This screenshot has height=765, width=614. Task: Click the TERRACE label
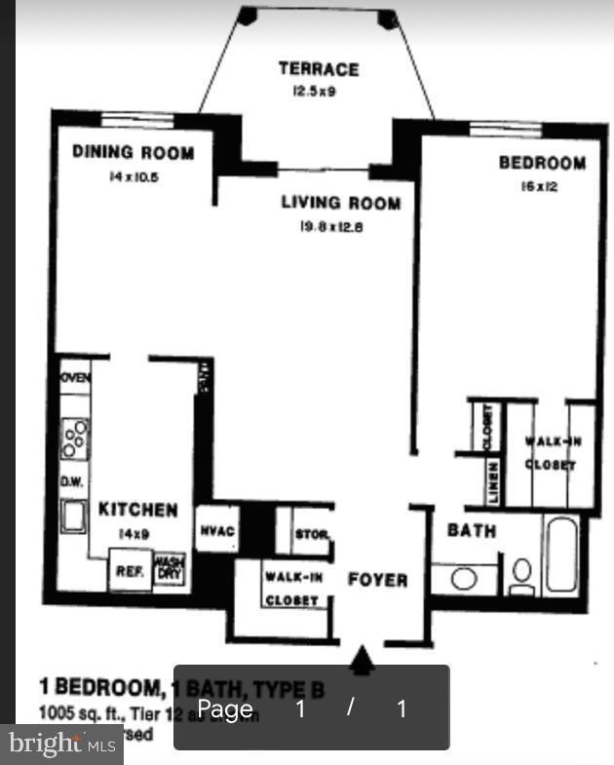(x=318, y=69)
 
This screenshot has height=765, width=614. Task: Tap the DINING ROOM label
(x=133, y=153)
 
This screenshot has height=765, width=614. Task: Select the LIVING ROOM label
(x=340, y=203)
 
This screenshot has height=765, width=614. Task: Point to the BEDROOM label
(x=542, y=163)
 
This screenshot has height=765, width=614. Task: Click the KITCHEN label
(x=137, y=510)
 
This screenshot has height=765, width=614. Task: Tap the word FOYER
(x=378, y=580)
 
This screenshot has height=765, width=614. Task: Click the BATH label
(x=472, y=531)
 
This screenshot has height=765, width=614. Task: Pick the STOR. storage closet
(x=311, y=535)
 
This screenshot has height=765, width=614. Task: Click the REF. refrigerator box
(x=130, y=572)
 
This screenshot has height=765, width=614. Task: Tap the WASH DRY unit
(x=169, y=568)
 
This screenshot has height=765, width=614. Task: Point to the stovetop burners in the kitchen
(x=74, y=438)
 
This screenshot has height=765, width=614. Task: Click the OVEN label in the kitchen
(x=75, y=377)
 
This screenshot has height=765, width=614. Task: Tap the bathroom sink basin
(x=464, y=579)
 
